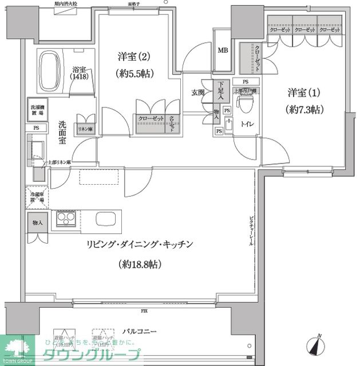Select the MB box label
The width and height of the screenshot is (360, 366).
[223, 50]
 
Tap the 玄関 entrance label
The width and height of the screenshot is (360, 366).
[199, 93]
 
